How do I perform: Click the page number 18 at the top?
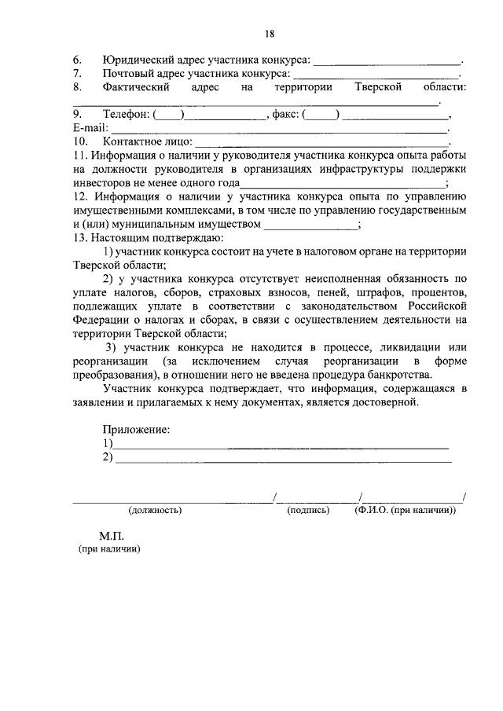coord(269,34)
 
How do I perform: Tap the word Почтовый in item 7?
coord(129,73)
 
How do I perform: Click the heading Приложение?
coord(136,430)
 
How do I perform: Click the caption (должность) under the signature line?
coord(156,510)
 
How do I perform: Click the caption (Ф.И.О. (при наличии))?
coord(405,510)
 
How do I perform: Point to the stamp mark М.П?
coord(112,535)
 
